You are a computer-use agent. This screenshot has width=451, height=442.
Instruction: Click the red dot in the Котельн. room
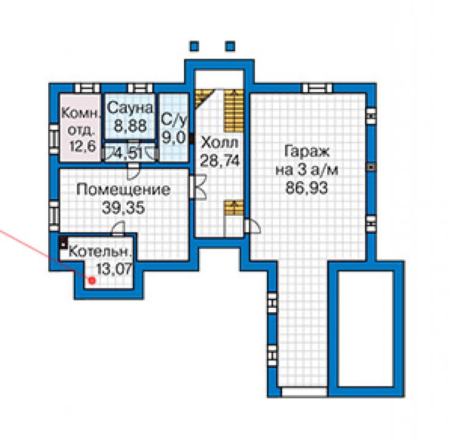click(x=92, y=280)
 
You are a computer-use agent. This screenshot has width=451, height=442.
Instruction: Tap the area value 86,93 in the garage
click(x=307, y=188)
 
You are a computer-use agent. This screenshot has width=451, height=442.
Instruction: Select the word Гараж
click(x=307, y=152)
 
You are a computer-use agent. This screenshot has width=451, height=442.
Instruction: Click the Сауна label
click(x=130, y=108)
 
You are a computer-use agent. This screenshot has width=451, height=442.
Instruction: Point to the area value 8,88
click(x=130, y=126)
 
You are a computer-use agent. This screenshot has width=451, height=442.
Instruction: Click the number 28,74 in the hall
click(x=220, y=161)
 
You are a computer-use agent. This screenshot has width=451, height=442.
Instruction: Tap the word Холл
click(x=220, y=143)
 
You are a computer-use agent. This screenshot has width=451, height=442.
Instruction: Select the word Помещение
click(x=124, y=190)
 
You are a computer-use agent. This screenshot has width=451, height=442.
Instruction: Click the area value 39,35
click(x=123, y=207)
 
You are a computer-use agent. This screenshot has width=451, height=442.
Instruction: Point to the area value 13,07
click(x=114, y=269)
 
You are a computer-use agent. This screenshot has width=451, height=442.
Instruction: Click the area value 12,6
click(x=82, y=146)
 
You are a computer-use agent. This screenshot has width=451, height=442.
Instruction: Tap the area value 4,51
click(x=128, y=154)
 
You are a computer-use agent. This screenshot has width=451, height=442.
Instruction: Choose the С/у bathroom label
click(x=174, y=120)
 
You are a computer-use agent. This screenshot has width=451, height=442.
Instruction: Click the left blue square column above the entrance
click(x=194, y=46)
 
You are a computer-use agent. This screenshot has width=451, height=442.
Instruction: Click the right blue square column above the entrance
click(x=230, y=46)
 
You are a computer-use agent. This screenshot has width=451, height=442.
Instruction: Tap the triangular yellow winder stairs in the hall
click(x=202, y=98)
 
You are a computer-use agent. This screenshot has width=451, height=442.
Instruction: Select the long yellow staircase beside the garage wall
click(x=234, y=110)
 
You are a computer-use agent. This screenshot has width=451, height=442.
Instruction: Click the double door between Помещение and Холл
click(x=199, y=187)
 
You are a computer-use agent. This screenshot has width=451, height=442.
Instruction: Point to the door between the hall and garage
click(x=252, y=226)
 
